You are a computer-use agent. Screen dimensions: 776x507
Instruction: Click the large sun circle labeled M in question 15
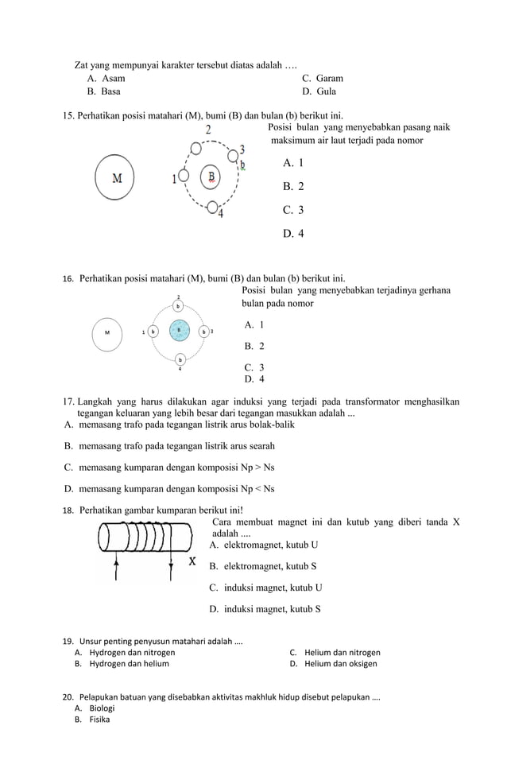point(116,177)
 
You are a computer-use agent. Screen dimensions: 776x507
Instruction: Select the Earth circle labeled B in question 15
point(211,177)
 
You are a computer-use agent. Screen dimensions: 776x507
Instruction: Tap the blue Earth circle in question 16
point(180,331)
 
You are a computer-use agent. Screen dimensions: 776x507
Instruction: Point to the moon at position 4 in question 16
point(180,359)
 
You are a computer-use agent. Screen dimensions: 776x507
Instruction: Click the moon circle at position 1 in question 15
point(183,177)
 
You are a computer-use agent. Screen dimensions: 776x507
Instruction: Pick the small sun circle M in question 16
point(107,332)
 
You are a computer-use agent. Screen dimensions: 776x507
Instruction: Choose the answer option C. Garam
point(323,79)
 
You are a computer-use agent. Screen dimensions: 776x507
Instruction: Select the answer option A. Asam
point(106,79)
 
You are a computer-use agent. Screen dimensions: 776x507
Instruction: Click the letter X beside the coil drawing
point(192,562)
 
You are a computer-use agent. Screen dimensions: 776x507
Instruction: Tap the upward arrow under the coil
point(117,570)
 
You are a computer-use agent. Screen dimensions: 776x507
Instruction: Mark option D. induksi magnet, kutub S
point(265,609)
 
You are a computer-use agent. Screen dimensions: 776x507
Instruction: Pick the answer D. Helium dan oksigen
point(334,663)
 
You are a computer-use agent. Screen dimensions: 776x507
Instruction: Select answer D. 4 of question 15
point(293,234)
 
